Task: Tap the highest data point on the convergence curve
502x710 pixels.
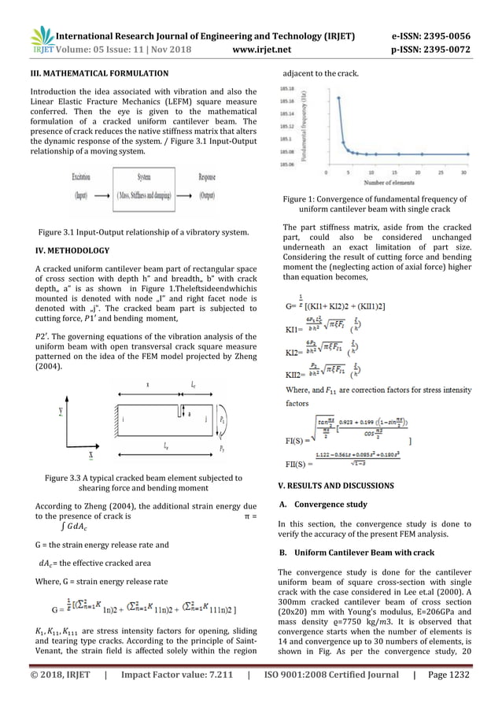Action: [338, 98]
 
